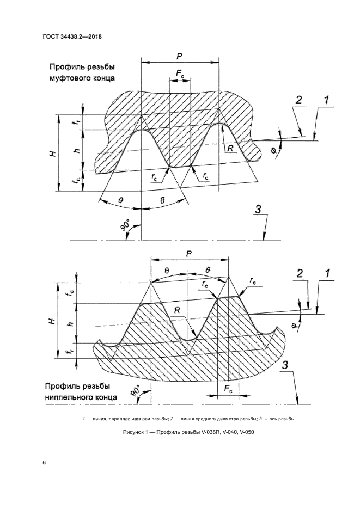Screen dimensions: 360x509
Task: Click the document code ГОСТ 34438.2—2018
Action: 72,36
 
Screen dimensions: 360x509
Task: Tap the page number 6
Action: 44,462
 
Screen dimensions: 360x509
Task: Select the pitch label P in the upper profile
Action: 180,56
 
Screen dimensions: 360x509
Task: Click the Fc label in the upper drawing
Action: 180,73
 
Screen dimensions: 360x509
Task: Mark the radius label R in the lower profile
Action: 177,310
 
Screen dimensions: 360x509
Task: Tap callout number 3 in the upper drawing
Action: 258,210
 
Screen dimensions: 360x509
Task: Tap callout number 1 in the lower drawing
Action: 327,273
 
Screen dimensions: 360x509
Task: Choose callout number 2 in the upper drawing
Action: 298,100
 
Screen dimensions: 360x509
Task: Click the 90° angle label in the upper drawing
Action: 125,225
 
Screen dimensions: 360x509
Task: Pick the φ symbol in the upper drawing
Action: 273,150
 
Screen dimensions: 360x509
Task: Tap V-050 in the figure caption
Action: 246,432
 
